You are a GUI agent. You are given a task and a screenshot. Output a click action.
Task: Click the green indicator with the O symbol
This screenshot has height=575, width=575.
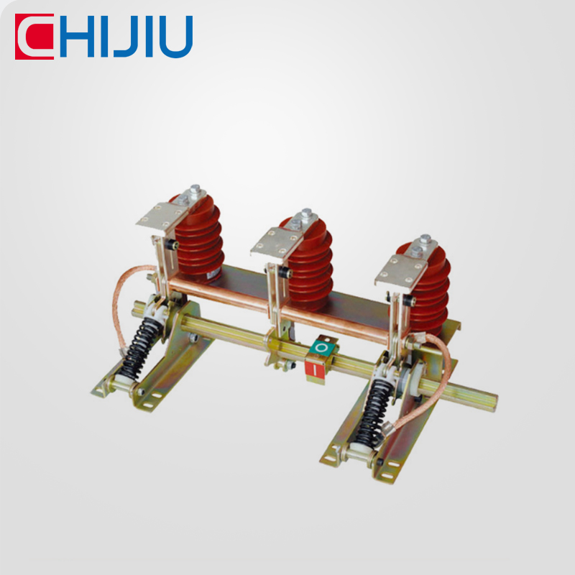(323, 349)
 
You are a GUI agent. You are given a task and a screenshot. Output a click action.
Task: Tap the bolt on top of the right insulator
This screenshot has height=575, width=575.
(425, 240)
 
